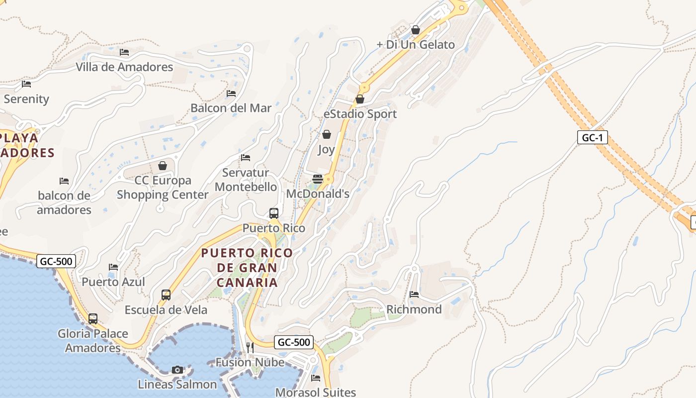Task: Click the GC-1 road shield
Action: (x=593, y=138)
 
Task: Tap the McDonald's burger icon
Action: (x=318, y=179)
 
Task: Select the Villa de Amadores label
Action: (x=124, y=67)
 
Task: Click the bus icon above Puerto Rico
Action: (x=274, y=213)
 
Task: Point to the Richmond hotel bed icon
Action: (x=414, y=295)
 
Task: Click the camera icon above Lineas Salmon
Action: (x=177, y=370)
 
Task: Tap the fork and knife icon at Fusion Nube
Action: (x=250, y=347)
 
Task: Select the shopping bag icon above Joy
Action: (x=327, y=134)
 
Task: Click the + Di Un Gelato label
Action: (x=416, y=45)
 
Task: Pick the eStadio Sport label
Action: (x=360, y=114)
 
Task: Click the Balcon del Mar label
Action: (x=231, y=108)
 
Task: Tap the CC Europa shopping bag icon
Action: (x=162, y=166)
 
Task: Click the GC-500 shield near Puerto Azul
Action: (x=56, y=261)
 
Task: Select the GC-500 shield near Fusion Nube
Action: (x=294, y=342)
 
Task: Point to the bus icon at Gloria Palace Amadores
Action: (x=93, y=319)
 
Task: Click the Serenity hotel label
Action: (x=26, y=99)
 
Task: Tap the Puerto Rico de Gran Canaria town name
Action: (x=247, y=268)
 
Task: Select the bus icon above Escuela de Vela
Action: (x=166, y=295)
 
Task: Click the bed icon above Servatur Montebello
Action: (x=246, y=158)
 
